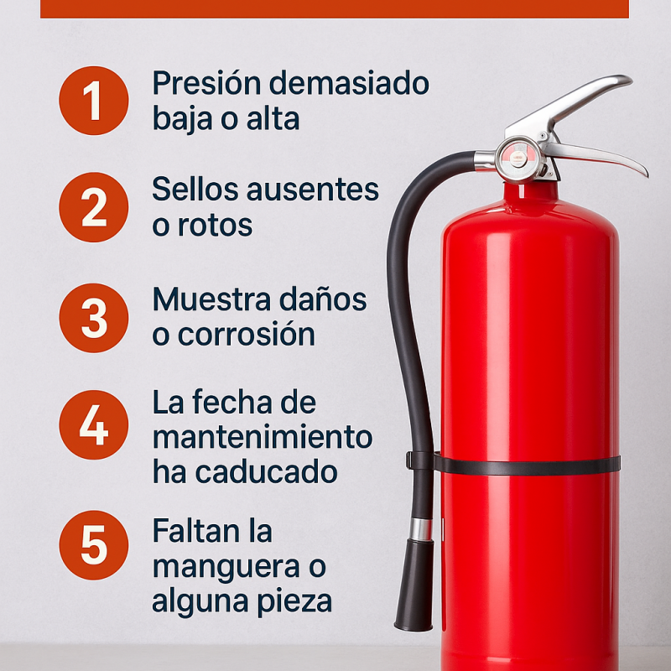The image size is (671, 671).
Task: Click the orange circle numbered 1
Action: pos(94,101)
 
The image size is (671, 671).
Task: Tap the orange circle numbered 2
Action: pos(94,207)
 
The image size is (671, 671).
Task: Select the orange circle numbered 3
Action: pos(94,318)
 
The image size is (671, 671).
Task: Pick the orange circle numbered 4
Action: pos(94,425)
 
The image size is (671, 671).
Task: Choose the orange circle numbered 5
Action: pos(94,545)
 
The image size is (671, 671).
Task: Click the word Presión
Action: pos(206,82)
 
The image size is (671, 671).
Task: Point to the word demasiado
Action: pos(349,82)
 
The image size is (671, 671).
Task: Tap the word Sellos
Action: pos(195,189)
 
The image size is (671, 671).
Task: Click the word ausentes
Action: pos(313,190)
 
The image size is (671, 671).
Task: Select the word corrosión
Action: pos(247,334)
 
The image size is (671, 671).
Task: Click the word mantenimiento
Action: pos(263,436)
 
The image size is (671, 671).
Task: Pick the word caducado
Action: pos(266,471)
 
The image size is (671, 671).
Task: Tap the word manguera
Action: pos(226,568)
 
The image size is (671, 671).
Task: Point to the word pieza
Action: pos(294,602)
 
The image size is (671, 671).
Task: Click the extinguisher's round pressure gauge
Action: pos(519,159)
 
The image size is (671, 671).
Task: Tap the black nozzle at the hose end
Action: pos(414,585)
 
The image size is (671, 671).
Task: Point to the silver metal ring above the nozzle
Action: pos(421,529)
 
